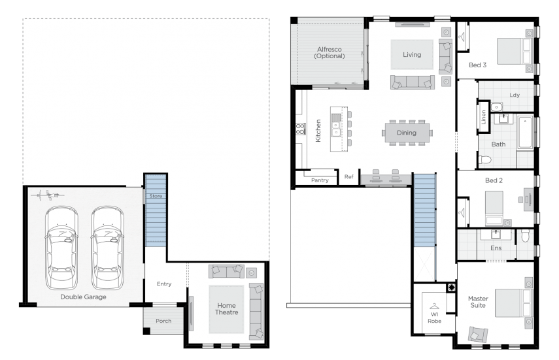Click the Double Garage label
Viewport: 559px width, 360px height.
pyautogui.click(x=83, y=297)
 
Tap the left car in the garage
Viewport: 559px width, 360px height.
pyautogui.click(x=61, y=248)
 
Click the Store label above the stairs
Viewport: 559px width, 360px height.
pyautogui.click(x=156, y=195)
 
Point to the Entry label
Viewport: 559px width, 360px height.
pyautogui.click(x=163, y=284)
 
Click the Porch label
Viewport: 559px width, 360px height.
pyautogui.click(x=163, y=321)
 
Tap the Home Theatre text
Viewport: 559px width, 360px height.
pyautogui.click(x=227, y=308)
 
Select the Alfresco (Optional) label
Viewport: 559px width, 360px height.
pyautogui.click(x=329, y=52)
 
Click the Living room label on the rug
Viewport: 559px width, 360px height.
pyautogui.click(x=412, y=55)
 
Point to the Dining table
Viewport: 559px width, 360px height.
pyautogui.click(x=407, y=133)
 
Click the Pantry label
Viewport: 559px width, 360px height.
pyautogui.click(x=320, y=180)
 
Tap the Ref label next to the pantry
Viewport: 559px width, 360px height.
pyautogui.click(x=349, y=176)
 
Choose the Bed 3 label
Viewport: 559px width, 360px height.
pyautogui.click(x=477, y=65)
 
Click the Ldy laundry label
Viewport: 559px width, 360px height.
pyautogui.click(x=515, y=95)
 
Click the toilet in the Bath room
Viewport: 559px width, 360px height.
pyautogui.click(x=485, y=159)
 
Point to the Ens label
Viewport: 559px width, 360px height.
pyautogui.click(x=496, y=248)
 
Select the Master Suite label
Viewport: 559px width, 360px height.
pyautogui.click(x=478, y=302)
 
